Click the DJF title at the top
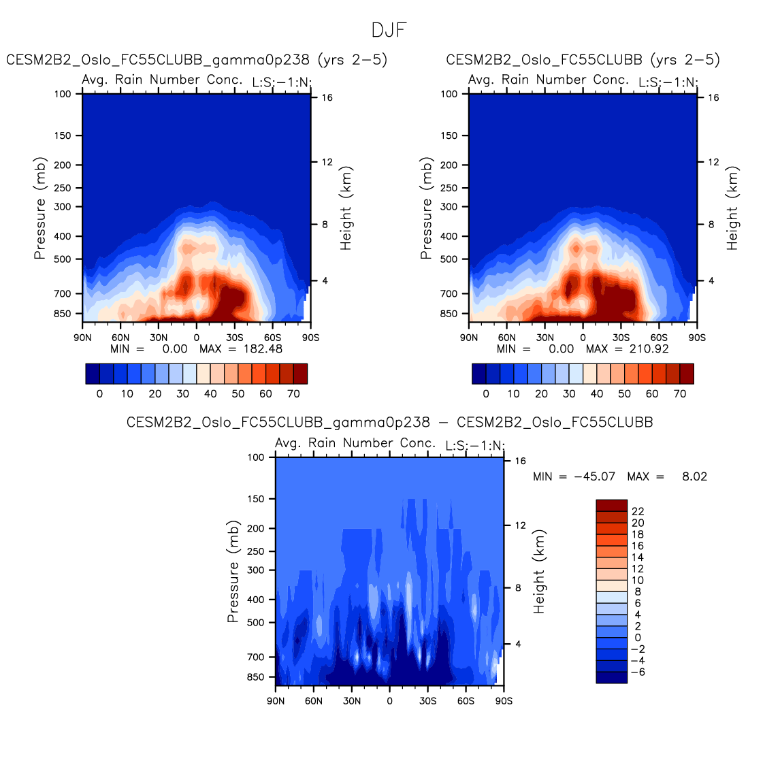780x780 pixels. pos(389,31)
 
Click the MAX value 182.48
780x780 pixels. pos(263,349)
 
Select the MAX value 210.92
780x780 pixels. pos(649,349)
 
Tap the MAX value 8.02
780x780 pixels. pos(694,476)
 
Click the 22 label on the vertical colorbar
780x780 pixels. pos(638,511)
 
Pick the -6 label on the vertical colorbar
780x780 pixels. pos(638,672)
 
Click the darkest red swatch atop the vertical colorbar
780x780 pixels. pos(611,505)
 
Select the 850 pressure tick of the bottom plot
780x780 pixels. pos(257,677)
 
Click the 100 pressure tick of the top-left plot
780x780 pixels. pos(63,94)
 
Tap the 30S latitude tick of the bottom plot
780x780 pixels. pos(427,701)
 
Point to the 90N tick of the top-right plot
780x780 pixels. pos(469,338)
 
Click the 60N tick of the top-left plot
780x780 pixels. pos(120,338)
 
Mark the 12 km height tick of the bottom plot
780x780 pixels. pos(520,525)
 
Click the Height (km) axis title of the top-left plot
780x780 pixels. pos(346,208)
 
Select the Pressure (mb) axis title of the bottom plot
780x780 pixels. pos(233,572)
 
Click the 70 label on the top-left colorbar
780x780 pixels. pos(293,394)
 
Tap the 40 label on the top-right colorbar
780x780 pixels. pos(597,394)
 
